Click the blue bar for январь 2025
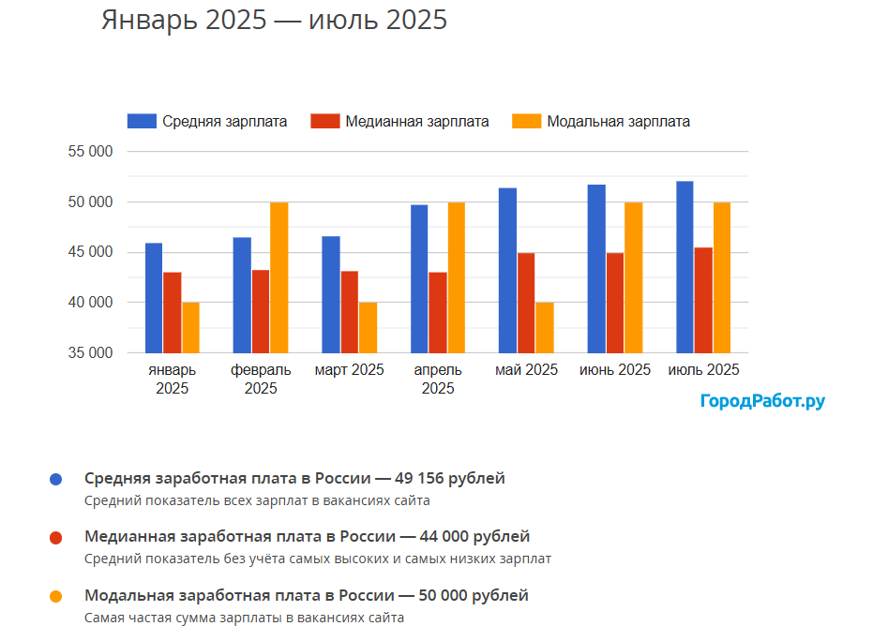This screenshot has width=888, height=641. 154,298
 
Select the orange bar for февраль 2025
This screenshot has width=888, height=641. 279,277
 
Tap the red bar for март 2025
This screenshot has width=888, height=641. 349,312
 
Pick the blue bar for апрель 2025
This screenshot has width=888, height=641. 419,279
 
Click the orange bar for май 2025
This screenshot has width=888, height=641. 545,328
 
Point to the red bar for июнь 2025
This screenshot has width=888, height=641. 614,303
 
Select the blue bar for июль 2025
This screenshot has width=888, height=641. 685,267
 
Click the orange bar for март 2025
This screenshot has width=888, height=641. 368,328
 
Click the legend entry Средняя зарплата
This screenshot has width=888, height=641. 207,121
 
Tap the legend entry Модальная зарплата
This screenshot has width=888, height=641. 601,121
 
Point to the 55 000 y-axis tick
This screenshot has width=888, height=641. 90,152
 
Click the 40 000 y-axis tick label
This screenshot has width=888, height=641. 90,303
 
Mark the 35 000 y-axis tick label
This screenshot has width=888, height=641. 90,353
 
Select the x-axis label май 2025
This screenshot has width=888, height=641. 527,370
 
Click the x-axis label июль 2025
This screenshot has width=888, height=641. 703,370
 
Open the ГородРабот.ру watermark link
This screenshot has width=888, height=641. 762,401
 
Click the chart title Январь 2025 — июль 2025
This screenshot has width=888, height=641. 274,20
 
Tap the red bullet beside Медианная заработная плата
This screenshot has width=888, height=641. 56,538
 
